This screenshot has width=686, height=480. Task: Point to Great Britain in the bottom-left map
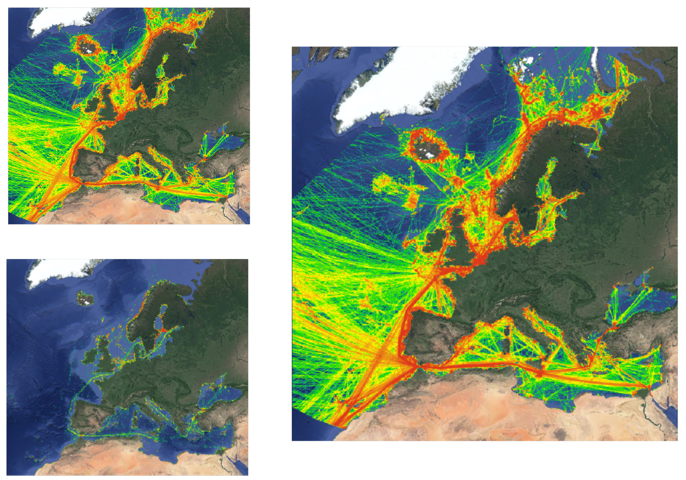coord(105,354)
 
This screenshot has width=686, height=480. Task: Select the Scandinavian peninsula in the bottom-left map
coord(146,314)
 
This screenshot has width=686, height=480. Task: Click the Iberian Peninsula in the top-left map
coord(87,167)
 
